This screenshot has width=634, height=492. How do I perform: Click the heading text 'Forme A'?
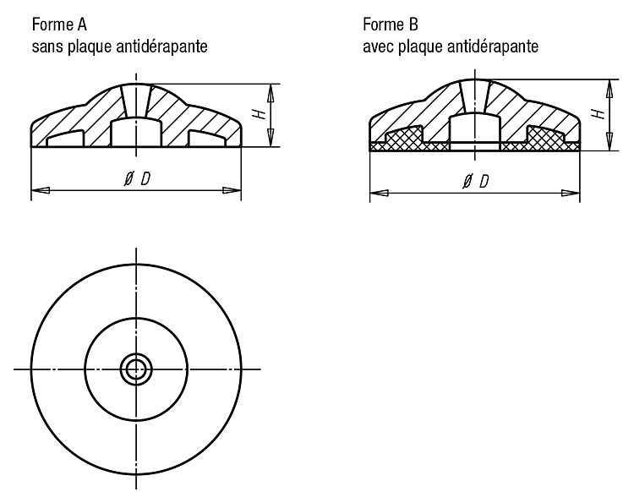coord(59,25)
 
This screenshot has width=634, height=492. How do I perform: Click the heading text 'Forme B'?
coord(391,25)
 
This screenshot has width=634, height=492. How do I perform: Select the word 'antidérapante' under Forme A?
coord(161,46)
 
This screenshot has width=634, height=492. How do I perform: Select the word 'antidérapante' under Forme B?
coord(493,46)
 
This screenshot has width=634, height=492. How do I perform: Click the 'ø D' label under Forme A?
coord(137,178)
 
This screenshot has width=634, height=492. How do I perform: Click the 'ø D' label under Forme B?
coord(475,181)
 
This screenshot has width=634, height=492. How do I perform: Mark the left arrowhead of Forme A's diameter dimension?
coord(41,189)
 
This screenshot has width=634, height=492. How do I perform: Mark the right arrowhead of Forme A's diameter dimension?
coord(232,189)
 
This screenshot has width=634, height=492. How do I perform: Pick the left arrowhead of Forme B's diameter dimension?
coord(380,193)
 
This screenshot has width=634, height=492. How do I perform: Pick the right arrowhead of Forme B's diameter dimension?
coord(570,193)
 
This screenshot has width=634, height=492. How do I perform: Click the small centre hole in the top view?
coord(136,369)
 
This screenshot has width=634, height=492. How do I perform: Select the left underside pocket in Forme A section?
coord(65,139)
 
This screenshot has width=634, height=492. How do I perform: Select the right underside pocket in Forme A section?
coord(207,139)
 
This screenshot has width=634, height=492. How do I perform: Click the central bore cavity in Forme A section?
coord(136,133)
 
